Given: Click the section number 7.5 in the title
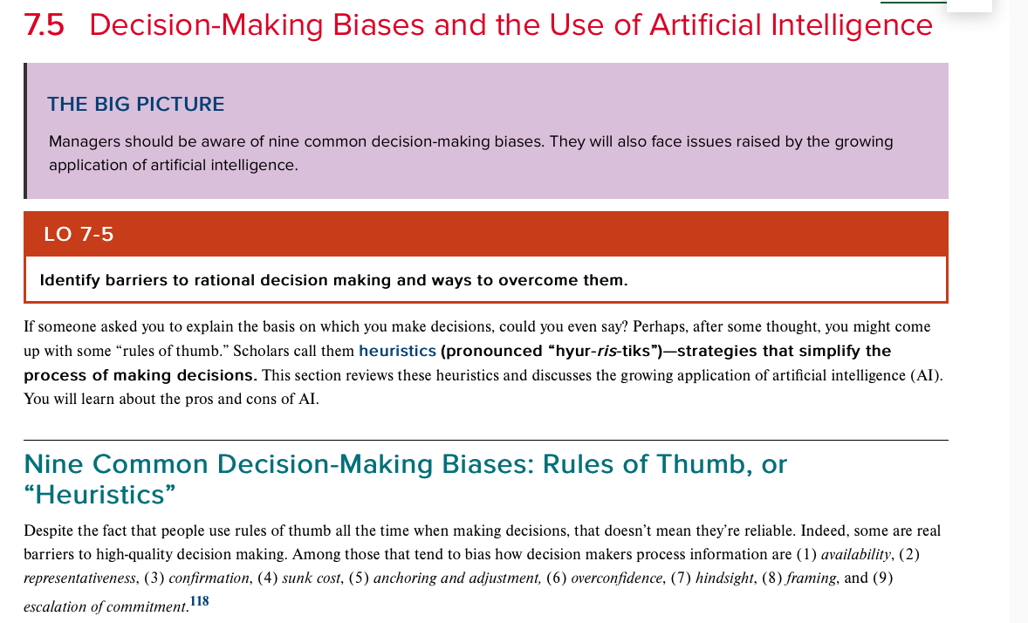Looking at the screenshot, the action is click(44, 25).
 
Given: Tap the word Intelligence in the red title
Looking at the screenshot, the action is click(851, 26).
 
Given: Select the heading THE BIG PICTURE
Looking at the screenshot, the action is click(136, 105).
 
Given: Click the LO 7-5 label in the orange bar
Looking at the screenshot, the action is click(79, 234).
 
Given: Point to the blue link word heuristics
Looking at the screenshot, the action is click(397, 351).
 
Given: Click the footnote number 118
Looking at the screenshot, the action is click(199, 600).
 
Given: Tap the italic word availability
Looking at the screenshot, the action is click(856, 555).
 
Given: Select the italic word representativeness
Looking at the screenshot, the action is click(80, 578).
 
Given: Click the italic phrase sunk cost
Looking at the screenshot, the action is click(312, 578).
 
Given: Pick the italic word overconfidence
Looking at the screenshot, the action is click(616, 578).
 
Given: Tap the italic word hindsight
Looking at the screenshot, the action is click(724, 578).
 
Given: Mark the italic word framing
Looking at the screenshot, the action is click(811, 578).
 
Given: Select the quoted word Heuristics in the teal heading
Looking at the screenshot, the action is click(99, 495).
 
